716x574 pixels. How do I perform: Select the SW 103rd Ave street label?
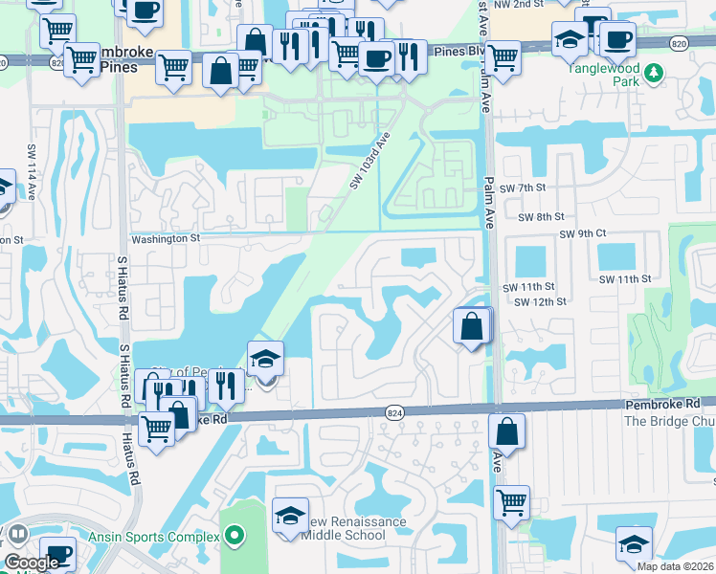coord(372,160)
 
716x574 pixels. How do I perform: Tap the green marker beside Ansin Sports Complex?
coord(233,537)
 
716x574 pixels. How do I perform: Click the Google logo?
coord(32,563)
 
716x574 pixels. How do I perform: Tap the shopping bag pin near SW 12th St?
coord(472,327)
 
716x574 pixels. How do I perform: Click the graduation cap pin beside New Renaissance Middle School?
coord(291,518)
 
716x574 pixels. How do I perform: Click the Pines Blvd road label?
coord(454,52)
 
